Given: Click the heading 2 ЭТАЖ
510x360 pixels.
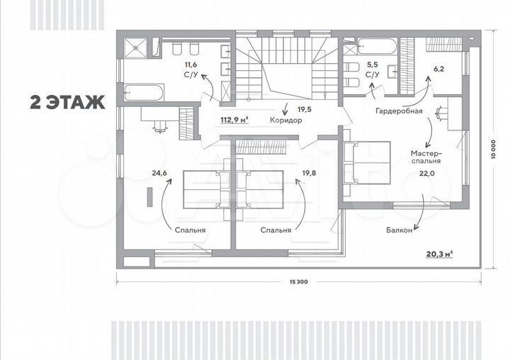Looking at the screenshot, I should (x=67, y=102).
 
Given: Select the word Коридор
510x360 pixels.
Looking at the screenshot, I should (x=286, y=120).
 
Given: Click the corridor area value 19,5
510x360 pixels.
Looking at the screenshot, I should (x=304, y=109).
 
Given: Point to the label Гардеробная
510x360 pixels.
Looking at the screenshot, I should (x=399, y=111).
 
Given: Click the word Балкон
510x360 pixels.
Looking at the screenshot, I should (x=399, y=229).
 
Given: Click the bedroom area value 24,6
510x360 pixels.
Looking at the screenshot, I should (x=158, y=171).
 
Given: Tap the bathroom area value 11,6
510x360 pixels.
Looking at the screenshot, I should (x=191, y=64).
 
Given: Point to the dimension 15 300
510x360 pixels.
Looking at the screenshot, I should (x=298, y=282).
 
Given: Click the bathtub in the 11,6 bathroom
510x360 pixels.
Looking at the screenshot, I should (x=143, y=91).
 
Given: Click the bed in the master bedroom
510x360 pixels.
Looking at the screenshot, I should (x=369, y=162).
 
